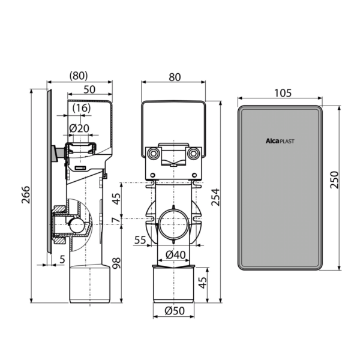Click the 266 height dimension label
pos(26,194)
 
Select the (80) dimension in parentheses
pos(79,76)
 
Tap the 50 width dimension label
pos(89,89)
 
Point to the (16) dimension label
pos(82,108)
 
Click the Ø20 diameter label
pos(79,128)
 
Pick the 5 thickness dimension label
pos(62,259)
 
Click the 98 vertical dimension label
pos(116,263)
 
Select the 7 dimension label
pos(116,220)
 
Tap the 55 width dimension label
pos(140,240)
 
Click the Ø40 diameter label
pos(176,254)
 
